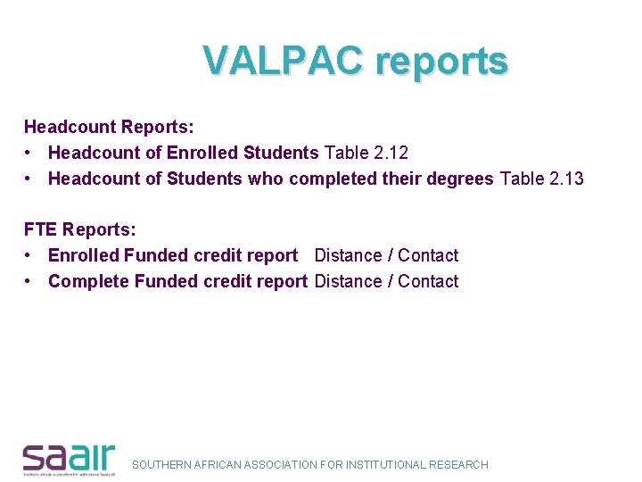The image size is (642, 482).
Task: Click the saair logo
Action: point(70,458)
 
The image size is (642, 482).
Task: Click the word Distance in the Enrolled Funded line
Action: point(348,255)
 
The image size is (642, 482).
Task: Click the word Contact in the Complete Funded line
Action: point(428,281)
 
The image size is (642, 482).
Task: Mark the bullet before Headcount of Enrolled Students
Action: point(30,154)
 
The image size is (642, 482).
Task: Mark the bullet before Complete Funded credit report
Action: point(30,281)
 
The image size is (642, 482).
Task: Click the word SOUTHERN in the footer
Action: point(160,465)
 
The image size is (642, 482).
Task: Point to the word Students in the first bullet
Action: point(281,154)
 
